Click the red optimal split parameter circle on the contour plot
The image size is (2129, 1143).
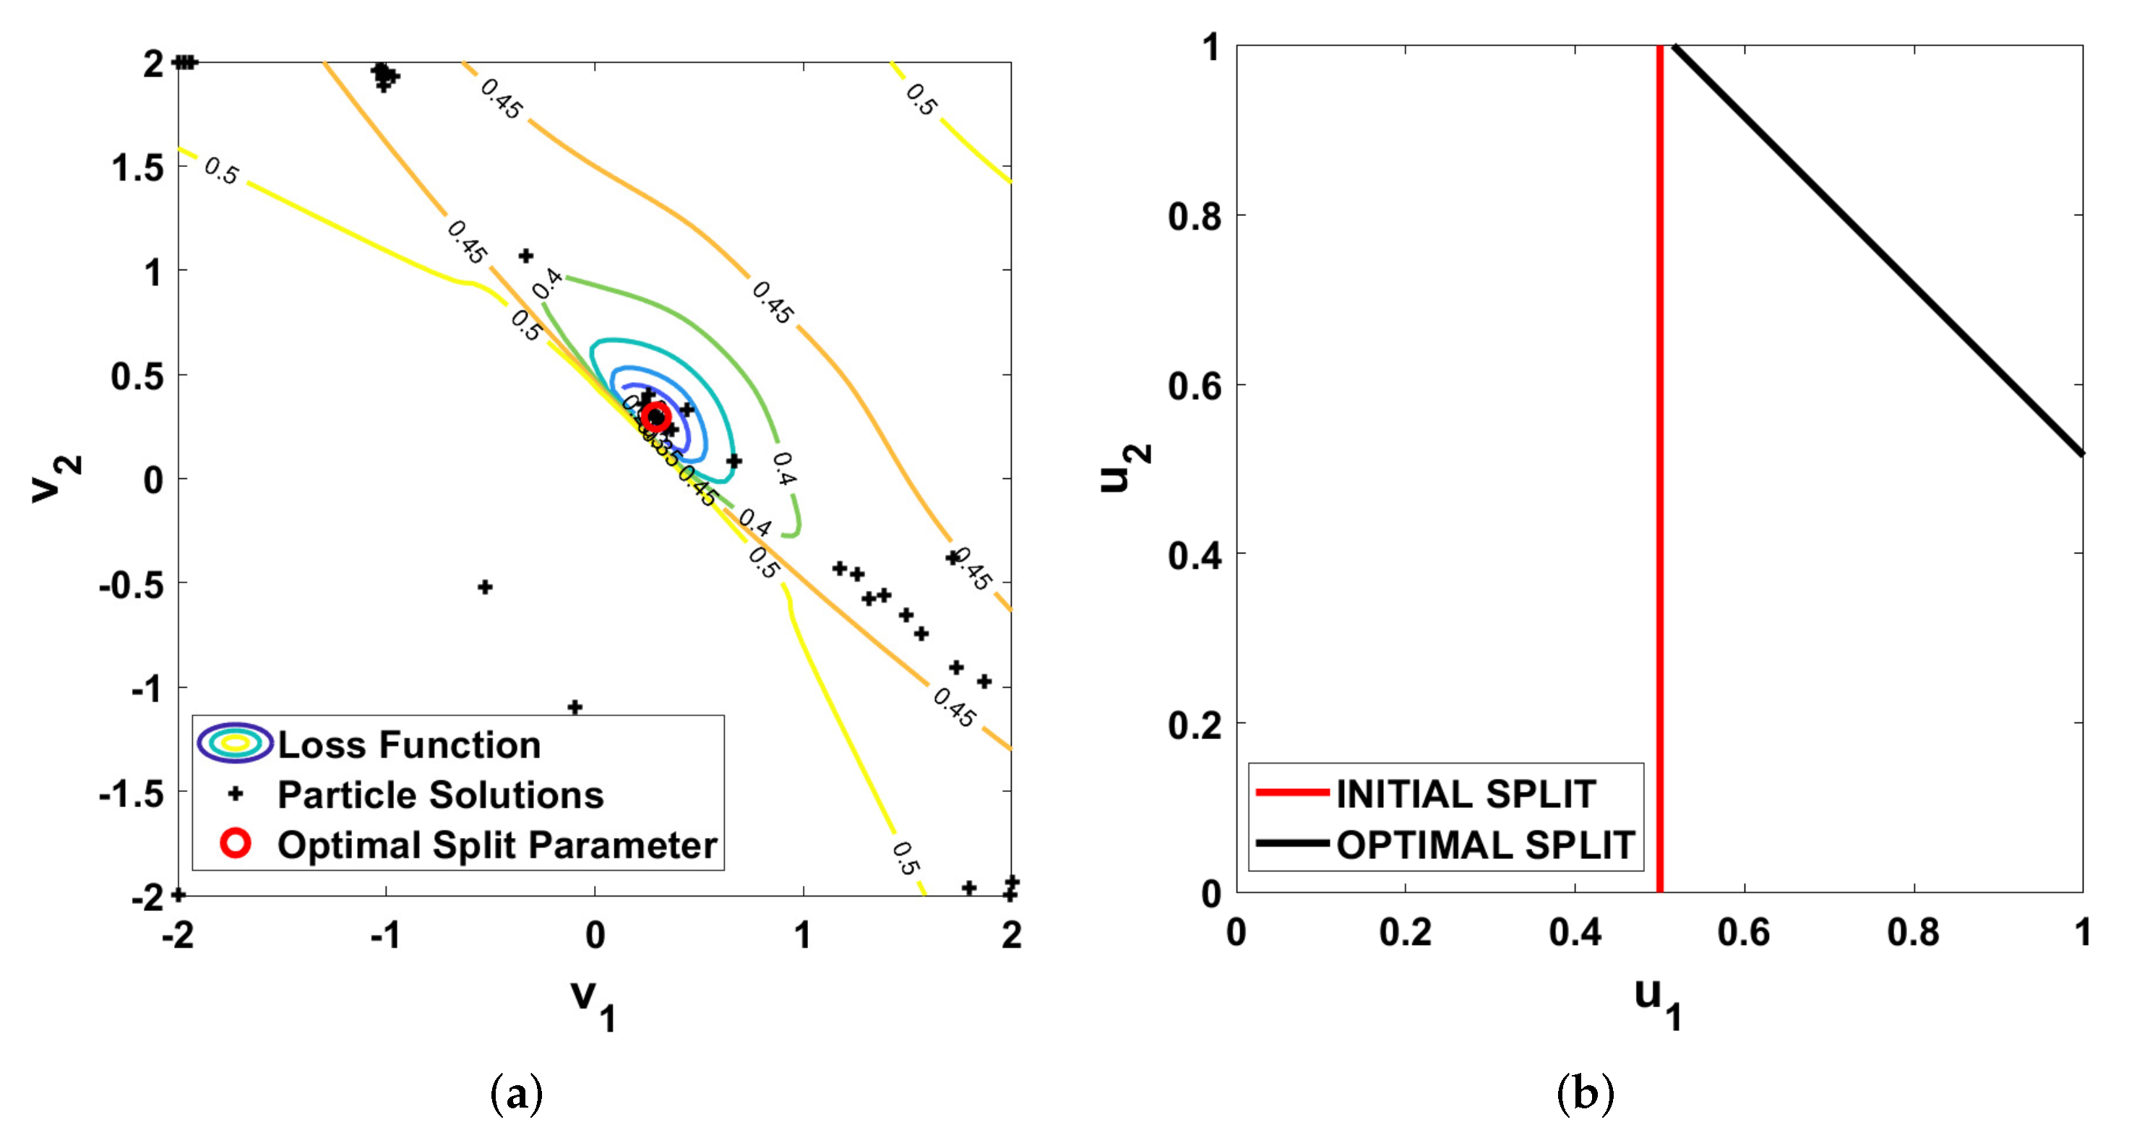(x=655, y=417)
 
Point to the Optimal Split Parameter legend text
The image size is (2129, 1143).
(x=496, y=845)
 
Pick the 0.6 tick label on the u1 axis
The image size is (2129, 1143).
(x=1743, y=932)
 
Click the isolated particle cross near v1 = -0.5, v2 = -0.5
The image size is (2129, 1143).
(x=485, y=587)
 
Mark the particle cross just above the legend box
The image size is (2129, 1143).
(x=575, y=707)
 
